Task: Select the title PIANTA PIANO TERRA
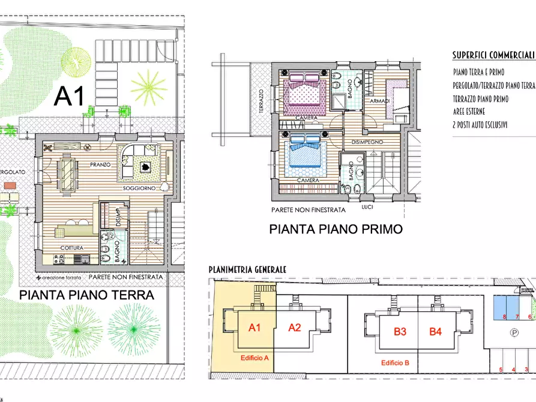click(86, 295)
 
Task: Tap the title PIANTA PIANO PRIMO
click(335, 229)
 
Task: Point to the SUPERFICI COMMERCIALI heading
click(493, 55)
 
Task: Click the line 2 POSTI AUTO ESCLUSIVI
click(481, 125)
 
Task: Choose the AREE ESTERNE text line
click(469, 112)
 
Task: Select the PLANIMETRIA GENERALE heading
click(247, 270)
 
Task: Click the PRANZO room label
click(100, 164)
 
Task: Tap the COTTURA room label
click(71, 248)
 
